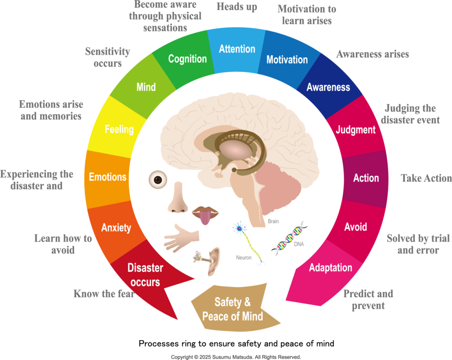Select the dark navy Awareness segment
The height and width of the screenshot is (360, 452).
point(328,87)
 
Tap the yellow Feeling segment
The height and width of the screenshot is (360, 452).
point(119,129)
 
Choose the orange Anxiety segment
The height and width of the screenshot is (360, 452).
point(116,227)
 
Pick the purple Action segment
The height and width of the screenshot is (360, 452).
point(366,178)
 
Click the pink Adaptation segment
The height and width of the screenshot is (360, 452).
point(331,268)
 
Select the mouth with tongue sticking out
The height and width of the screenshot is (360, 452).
point(205,214)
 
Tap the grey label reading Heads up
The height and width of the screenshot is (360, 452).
point(237,8)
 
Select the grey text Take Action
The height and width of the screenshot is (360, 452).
point(426,178)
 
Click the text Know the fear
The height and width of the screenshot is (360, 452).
point(104,293)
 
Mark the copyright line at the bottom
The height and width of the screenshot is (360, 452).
point(237,356)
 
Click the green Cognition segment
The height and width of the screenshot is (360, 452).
point(188,59)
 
